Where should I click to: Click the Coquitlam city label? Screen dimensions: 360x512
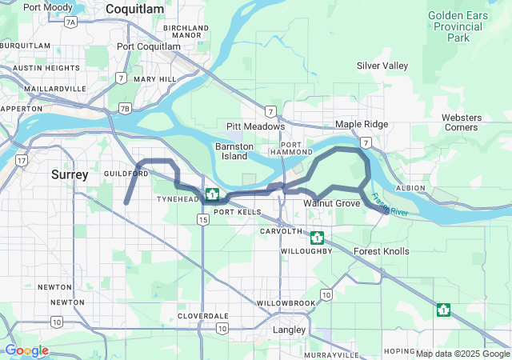[134, 9]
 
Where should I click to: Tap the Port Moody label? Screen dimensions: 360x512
[48, 7]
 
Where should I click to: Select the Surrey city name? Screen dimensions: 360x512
[70, 174]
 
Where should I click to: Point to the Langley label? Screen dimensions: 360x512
[290, 330]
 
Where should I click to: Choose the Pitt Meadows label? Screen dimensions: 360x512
[255, 126]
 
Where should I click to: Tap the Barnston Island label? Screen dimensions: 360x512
[234, 151]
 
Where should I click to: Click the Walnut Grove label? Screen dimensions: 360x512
[331, 204]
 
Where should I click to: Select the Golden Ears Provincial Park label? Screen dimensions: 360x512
[458, 26]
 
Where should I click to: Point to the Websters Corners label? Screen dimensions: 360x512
[461, 122]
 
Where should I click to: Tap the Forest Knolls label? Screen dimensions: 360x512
[382, 251]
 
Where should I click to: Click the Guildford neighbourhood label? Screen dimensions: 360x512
[122, 173]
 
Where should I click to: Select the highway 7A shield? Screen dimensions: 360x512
[70, 22]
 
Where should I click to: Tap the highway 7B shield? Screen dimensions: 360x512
[124, 108]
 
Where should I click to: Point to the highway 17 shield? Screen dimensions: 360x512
[21, 161]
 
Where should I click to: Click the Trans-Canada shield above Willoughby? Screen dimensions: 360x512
[317, 238]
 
